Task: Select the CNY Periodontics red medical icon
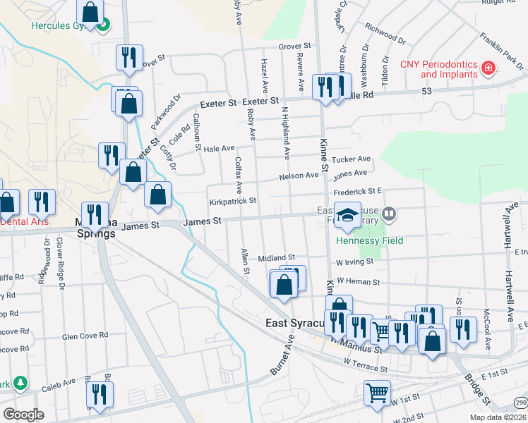tap(487, 68)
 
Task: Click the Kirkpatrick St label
tap(232, 201)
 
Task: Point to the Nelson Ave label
tap(299, 176)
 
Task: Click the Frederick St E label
tap(358, 191)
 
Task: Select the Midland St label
tap(276, 259)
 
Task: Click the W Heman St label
tap(359, 281)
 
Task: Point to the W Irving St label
tap(354, 262)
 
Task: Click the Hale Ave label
tap(219, 149)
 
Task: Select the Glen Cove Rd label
tap(85, 336)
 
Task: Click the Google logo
tap(23, 415)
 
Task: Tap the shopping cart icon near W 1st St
tap(377, 393)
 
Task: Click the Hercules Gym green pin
tap(104, 27)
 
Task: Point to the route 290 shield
tap(520, 401)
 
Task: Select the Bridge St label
tap(477, 389)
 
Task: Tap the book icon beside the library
tap(388, 213)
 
